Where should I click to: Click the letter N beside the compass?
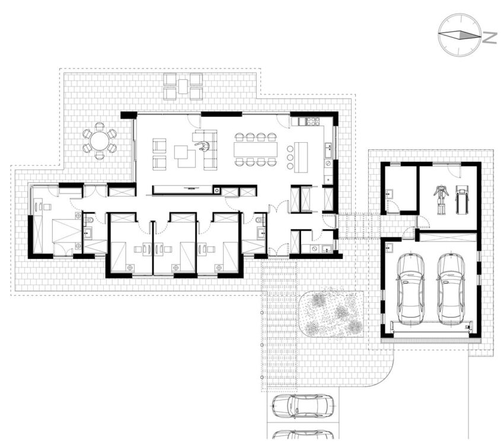pyautogui.click(x=490, y=38)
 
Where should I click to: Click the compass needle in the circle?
pyautogui.click(x=460, y=35)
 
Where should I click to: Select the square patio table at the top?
pyautogui.click(x=183, y=86)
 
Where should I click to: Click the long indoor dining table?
pyautogui.click(x=256, y=149)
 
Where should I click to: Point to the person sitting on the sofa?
pyautogui.click(x=203, y=146)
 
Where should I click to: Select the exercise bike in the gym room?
pyautogui.click(x=441, y=200)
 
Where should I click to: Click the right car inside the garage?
pyautogui.click(x=451, y=289)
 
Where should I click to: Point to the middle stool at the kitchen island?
pyautogui.click(x=290, y=158)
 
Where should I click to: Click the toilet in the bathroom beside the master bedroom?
pyautogui.click(x=89, y=220)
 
